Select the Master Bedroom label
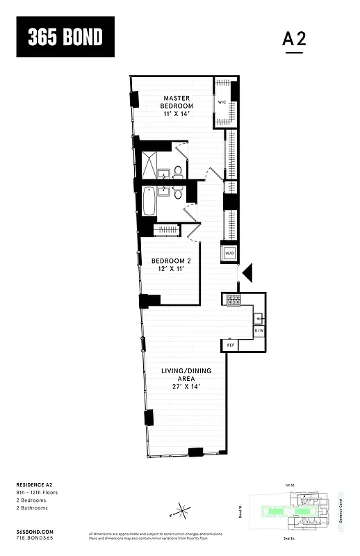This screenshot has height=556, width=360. [x=177, y=107]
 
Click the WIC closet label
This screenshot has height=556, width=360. [x=222, y=102]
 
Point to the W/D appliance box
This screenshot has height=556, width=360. [x=229, y=253]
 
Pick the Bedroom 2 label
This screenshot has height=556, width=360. [x=171, y=265]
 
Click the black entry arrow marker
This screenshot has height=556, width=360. [x=248, y=274]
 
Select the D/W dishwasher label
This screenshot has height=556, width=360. [x=258, y=330]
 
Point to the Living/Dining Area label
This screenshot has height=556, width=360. [x=186, y=379]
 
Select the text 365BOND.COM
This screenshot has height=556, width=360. [x=34, y=530]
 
